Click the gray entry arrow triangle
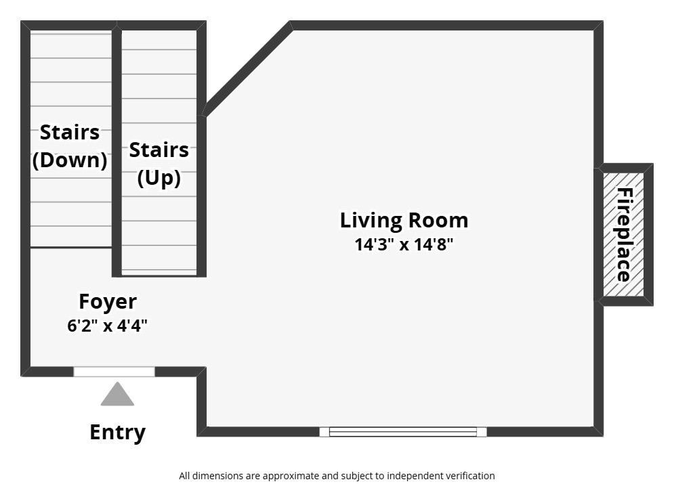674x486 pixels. point(117,395)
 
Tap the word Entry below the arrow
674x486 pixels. point(117,433)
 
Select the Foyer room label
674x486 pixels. point(108,301)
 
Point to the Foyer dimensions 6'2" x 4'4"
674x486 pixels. point(108,326)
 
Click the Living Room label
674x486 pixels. point(404,221)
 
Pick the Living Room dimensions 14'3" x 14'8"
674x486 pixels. point(404,244)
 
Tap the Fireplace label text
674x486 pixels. point(625,235)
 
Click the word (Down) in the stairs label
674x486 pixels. point(70,160)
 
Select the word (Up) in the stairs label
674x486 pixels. point(159,178)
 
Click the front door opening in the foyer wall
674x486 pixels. point(114,372)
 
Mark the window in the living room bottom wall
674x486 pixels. point(403,432)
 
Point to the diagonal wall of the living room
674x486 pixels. point(247,69)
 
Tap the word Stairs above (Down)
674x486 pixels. point(70,133)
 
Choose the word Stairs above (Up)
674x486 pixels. point(159,150)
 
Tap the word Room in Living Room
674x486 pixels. point(438,220)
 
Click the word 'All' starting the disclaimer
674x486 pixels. point(184,476)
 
